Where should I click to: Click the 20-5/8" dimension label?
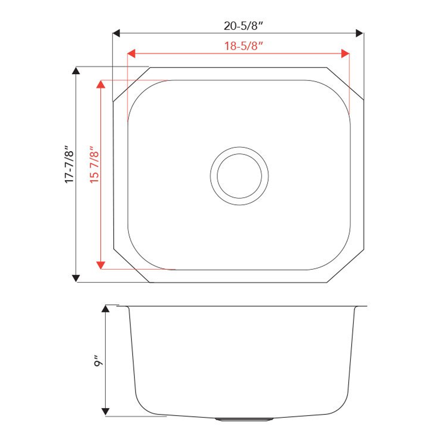tap(243, 26)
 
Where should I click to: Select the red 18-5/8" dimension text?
tap(243, 46)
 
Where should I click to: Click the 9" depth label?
tap(98, 361)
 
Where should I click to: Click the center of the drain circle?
tap(239, 175)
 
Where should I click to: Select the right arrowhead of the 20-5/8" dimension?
tap(359, 33)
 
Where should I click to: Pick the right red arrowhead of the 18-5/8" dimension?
tap(345, 54)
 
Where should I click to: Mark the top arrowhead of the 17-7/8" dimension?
tap(76, 71)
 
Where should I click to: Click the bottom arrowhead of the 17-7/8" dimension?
tap(76, 278)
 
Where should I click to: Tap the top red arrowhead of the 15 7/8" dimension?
tap(100, 84)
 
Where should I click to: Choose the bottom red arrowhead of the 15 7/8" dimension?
tap(100, 265)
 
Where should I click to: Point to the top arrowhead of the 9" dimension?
tap(106, 309)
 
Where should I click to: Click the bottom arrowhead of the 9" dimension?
tap(106, 411)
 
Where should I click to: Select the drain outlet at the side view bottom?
tap(244, 419)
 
